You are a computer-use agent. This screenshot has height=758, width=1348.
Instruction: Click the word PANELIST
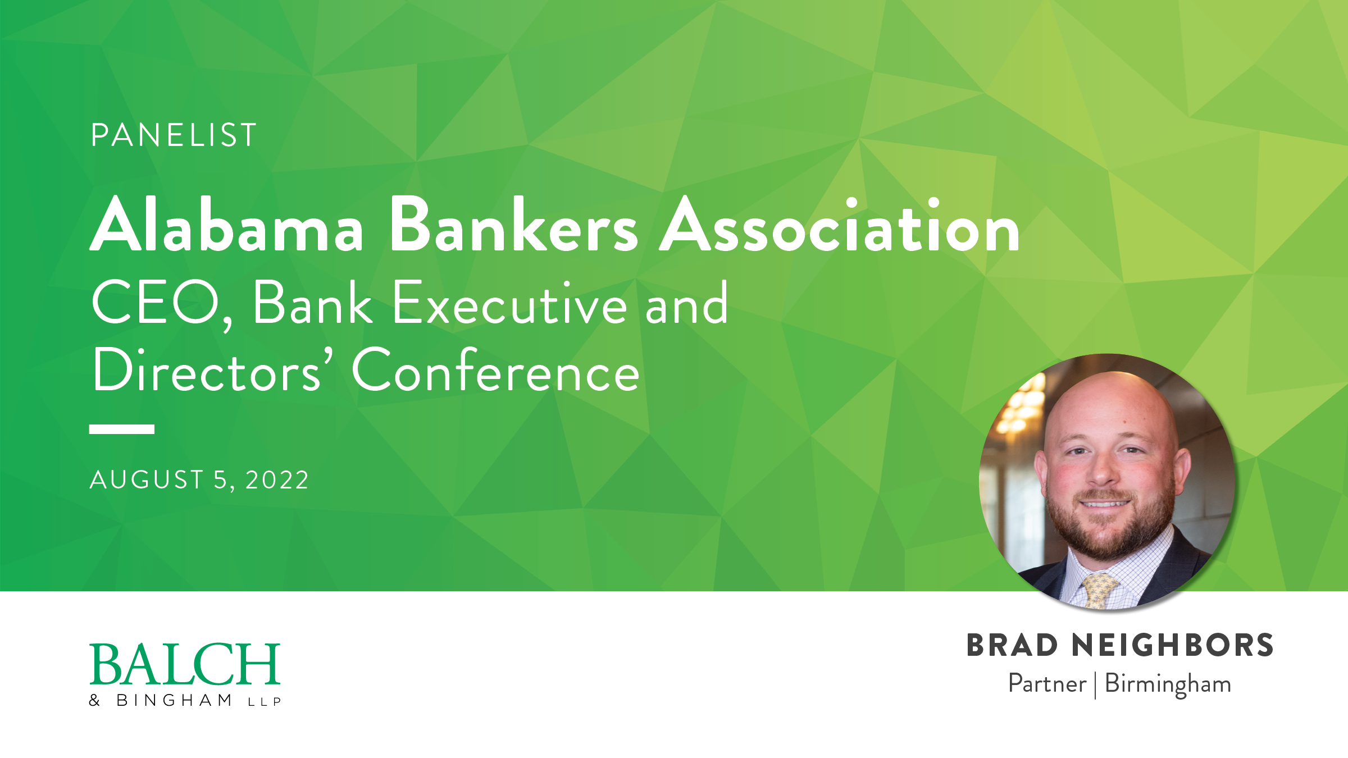174,135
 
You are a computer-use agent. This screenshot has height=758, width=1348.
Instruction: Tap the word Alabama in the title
227,225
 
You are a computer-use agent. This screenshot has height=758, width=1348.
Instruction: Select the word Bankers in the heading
513,225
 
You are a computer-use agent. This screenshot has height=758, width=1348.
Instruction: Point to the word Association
839,225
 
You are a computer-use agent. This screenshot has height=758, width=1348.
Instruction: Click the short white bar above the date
122,430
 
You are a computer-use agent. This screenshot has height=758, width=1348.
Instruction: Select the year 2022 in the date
277,481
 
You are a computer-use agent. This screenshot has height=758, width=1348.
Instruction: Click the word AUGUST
147,481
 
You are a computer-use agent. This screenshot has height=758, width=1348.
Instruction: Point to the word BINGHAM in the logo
174,701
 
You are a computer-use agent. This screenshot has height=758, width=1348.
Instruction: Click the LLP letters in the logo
265,702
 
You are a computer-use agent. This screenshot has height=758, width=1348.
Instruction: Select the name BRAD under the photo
1012,646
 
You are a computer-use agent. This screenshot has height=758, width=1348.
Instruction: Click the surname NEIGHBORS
1173,646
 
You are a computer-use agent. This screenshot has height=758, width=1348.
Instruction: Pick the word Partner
1048,684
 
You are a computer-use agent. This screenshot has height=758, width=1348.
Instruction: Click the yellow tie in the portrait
1099,590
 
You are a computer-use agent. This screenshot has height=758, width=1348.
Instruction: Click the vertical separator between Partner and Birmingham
1095,685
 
